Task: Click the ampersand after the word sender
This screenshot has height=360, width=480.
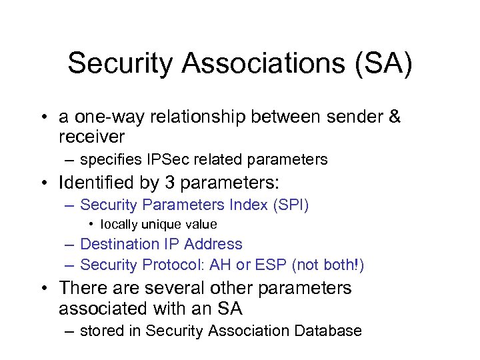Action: (394, 117)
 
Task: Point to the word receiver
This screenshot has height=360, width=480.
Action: (91, 137)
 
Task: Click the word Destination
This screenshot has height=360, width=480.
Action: (117, 245)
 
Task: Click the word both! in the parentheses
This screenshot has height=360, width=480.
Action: (340, 265)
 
